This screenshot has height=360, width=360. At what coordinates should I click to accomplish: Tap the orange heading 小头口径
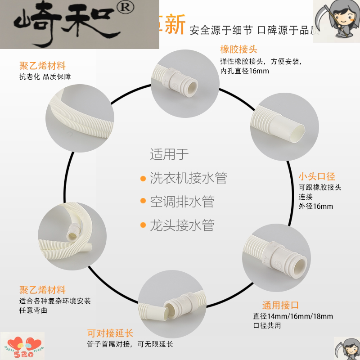point(317,176)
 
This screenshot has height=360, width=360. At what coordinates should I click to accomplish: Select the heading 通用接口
point(281,305)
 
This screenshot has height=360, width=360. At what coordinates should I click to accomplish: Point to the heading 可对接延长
point(104,333)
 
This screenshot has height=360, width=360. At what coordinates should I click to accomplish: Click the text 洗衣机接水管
point(188,177)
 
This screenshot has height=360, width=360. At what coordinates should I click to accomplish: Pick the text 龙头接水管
point(182,224)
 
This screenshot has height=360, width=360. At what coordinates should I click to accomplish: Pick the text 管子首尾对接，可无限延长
point(130,345)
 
